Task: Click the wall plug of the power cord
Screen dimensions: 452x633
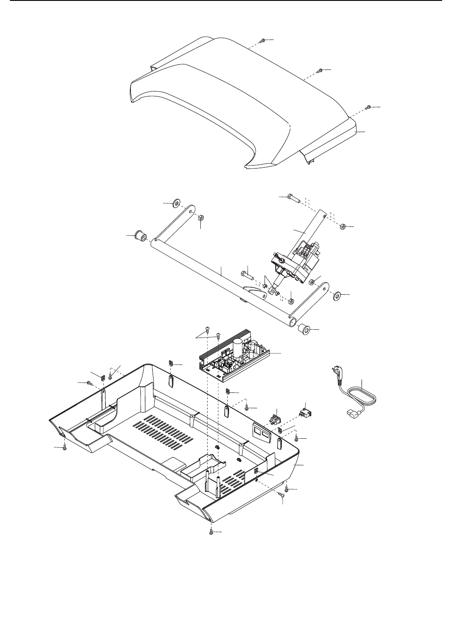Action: click(x=338, y=371)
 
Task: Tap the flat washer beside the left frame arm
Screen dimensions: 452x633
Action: click(x=176, y=203)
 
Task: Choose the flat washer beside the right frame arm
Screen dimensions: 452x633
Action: click(x=337, y=296)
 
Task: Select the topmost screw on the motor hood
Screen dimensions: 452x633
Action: click(x=262, y=41)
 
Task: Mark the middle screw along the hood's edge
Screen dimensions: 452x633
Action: click(x=320, y=70)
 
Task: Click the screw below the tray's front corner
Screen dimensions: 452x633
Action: click(x=211, y=532)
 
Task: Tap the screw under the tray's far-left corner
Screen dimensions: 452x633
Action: click(x=64, y=448)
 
